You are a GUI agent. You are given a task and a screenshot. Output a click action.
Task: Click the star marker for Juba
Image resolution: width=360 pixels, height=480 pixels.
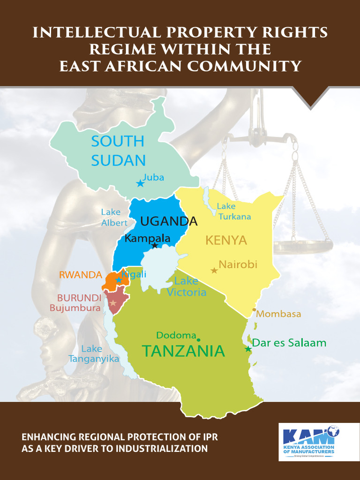coord(140,183)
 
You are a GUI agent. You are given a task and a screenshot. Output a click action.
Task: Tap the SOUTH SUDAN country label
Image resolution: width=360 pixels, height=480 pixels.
coord(118,150)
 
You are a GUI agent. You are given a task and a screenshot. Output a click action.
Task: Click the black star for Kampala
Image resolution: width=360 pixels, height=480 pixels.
coord(155,245)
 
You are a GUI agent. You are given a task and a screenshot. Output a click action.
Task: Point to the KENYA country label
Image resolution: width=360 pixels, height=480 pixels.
coord(226,240)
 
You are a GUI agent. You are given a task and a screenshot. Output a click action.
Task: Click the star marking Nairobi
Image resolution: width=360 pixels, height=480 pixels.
coord(214,270)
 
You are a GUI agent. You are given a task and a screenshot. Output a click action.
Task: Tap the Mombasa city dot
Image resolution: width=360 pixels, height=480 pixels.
coord(254,310)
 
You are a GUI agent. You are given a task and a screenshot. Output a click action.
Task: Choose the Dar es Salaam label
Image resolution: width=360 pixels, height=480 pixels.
coord(289,343)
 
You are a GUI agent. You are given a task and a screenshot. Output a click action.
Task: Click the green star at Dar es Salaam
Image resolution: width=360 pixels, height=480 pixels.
coord(248,349)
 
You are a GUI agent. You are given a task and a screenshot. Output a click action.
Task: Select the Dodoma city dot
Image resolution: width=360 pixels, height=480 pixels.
coord(198,340)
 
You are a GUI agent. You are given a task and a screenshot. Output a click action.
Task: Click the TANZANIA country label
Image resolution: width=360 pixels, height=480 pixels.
coord(183,351)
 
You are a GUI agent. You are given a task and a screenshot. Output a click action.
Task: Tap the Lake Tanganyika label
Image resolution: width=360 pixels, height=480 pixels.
coord(93,354)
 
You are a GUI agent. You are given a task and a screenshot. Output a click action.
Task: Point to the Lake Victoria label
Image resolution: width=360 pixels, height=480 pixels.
coord(187,287)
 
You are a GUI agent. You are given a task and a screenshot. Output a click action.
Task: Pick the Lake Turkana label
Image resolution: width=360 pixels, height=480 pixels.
coord(233,211)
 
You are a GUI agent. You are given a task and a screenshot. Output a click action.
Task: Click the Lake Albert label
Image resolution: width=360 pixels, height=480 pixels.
coord(114,217)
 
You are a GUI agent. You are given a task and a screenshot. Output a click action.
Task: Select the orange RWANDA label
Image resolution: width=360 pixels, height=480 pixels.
coord(80,275)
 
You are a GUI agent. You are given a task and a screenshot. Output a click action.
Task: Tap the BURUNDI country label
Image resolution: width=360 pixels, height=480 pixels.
coord(79,298)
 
